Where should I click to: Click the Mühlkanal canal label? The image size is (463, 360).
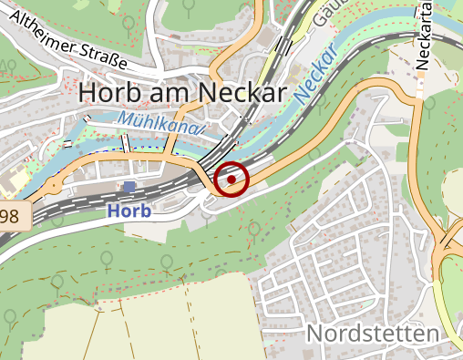159,123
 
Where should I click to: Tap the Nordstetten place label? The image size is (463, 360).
372,334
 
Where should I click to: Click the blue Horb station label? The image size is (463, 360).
129,210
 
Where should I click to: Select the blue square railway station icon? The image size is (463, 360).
129,187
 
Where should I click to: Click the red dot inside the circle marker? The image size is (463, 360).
231,180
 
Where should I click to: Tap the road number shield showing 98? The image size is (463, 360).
12,216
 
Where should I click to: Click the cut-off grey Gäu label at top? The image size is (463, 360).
321,14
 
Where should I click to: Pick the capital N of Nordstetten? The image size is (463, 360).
314,334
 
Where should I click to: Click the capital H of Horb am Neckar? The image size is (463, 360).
88,92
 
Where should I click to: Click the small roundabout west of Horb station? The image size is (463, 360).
57,186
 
